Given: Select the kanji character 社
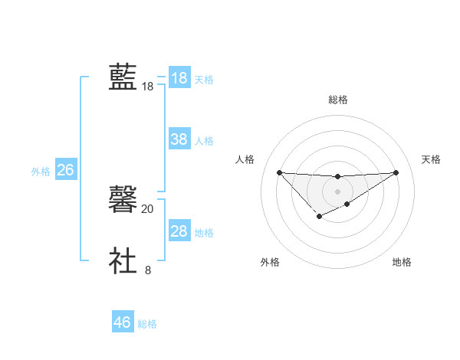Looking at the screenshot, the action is tap(123, 261).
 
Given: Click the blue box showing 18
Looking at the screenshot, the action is tap(179, 78).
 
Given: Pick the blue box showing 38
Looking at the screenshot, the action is tap(179, 139).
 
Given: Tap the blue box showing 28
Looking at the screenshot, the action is tap(179, 231).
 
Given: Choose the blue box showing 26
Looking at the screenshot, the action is tap(65, 170).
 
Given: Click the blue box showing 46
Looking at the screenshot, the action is tap(123, 322).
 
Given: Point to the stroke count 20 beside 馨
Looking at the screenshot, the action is tap(148, 208).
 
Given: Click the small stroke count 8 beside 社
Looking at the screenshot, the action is tap(148, 270).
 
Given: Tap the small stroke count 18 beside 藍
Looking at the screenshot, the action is tap(148, 87).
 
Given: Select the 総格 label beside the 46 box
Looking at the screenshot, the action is tap(147, 324).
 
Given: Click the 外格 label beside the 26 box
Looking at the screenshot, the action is tap(41, 172).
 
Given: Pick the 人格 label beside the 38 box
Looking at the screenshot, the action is tap(204, 141).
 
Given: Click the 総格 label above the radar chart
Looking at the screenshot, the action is tap(337, 100).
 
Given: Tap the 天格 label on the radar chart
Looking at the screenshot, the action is tap(432, 159).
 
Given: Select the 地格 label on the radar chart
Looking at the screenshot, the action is tap(402, 262).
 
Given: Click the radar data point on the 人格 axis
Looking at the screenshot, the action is tap(279, 172).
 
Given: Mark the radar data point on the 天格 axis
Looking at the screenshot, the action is tap(396, 172).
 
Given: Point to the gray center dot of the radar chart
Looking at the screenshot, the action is tap(337, 191).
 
